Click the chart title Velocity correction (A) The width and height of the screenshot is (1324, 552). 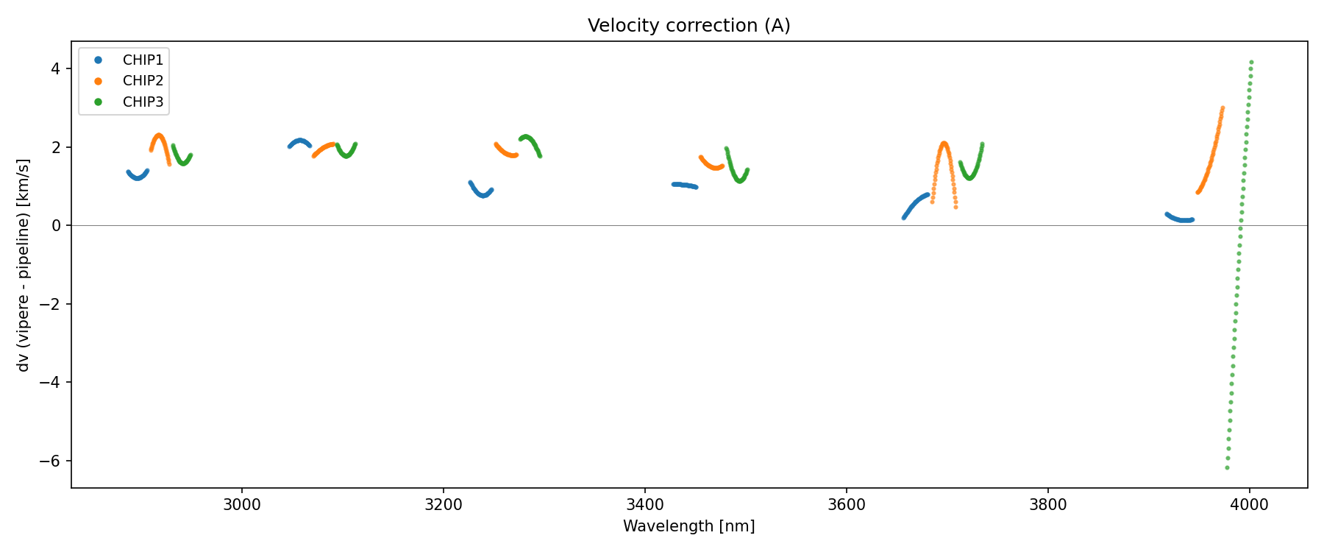coord(688,26)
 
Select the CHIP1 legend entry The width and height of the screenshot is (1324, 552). coord(143,60)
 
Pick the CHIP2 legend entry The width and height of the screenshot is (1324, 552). coord(143,81)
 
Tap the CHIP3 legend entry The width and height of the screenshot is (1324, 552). coord(143,102)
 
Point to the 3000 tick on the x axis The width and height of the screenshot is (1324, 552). coord(241,505)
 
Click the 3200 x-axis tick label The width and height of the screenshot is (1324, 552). coord(443,505)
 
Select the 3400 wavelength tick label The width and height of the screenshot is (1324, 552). coord(644,505)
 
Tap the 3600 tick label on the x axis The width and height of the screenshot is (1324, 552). coord(846,505)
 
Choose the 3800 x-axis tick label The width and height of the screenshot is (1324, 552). coord(1047,505)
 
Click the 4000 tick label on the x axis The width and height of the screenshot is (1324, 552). coord(1249,505)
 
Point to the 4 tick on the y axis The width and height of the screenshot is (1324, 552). coord(56,68)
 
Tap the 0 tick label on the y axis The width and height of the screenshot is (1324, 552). coord(56,225)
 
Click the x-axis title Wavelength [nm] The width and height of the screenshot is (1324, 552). coord(688,526)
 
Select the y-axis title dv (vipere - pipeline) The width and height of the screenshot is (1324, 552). coord(24,265)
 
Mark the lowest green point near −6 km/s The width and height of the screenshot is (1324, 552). coord(1227,467)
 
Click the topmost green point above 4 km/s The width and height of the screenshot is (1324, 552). coord(1251,63)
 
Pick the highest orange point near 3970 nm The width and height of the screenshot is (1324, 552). coord(1222,108)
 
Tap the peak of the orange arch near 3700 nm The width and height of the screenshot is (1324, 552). coord(944,144)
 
